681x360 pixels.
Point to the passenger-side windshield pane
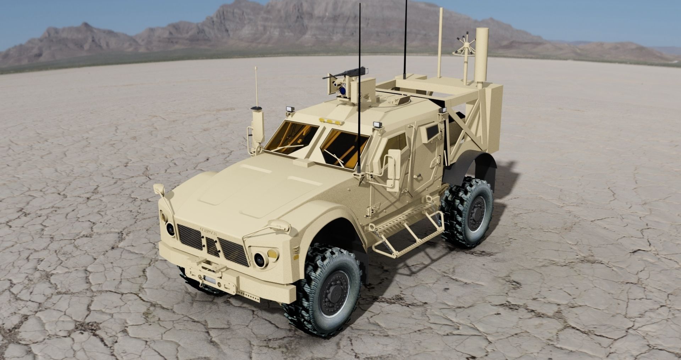coord(292,137)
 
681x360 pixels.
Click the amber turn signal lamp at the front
coord(272,253)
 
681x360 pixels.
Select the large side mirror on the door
coord(393,170)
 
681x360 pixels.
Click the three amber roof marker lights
coord(331,121)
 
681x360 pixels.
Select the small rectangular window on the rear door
coord(432,132)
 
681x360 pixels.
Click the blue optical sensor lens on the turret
coord(343,92)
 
